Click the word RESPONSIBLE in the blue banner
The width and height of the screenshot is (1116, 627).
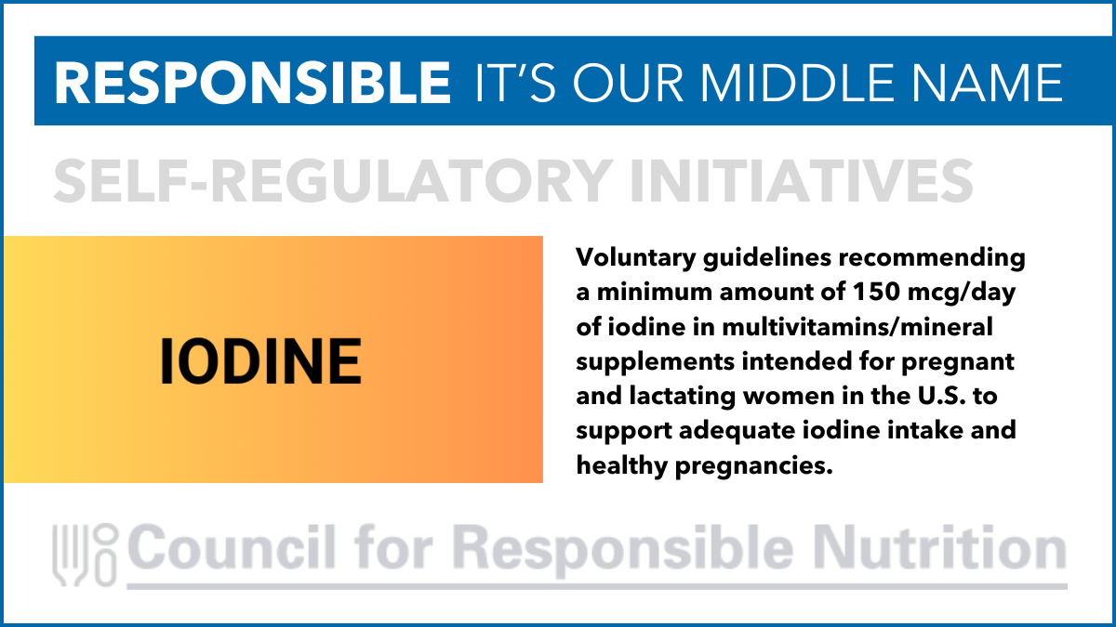pyautogui.click(x=253, y=83)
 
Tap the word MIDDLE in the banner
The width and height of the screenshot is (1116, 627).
pyautogui.click(x=797, y=83)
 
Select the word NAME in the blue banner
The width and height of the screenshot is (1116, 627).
pyautogui.click(x=988, y=83)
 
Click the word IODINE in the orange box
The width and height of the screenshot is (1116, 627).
pyautogui.click(x=260, y=361)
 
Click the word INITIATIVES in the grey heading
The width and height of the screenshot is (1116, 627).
pyautogui.click(x=802, y=180)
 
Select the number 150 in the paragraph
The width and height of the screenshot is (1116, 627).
pyautogui.click(x=876, y=292)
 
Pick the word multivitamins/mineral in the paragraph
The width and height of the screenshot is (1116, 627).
pyautogui.click(x=857, y=327)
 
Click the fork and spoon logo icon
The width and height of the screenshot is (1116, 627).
pyautogui.click(x=85, y=555)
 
